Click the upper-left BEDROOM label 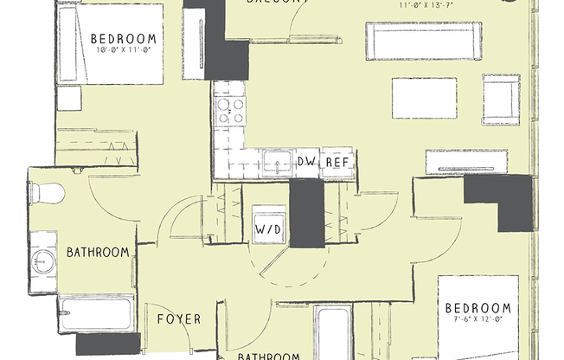click(x=125, y=38)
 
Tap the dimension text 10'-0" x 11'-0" click(x=125, y=50)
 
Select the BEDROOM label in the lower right click(x=478, y=309)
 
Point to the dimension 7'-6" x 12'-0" click(x=478, y=321)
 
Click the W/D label click(x=267, y=230)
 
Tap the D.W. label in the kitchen click(x=306, y=162)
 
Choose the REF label click(x=336, y=162)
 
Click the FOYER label click(x=179, y=319)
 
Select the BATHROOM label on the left click(x=98, y=253)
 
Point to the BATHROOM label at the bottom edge click(x=269, y=355)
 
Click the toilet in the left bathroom click(x=48, y=193)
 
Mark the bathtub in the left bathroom click(x=96, y=312)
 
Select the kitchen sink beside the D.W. click(x=277, y=161)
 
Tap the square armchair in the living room click(x=501, y=99)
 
